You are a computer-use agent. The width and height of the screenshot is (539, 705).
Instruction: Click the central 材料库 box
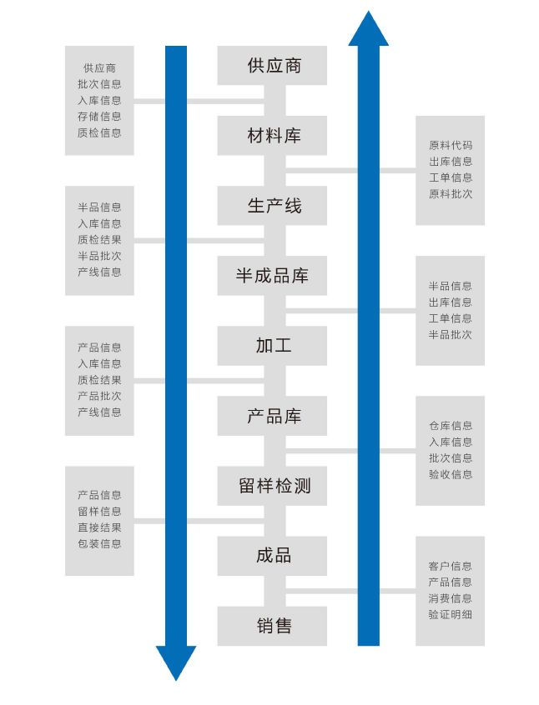pos(272,136)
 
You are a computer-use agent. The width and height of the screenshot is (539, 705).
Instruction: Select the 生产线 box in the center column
pos(272,206)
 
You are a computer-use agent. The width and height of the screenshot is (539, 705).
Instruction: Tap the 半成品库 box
pos(272,276)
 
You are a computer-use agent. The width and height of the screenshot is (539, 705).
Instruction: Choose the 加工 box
pos(272,346)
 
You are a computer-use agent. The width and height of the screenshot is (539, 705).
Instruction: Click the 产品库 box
pos(272,416)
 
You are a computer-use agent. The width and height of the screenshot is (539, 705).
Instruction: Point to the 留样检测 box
pos(272,486)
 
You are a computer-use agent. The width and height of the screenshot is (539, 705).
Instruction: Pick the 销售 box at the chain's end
pos(272,626)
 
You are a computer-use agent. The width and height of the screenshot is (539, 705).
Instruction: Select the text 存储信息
pos(99,117)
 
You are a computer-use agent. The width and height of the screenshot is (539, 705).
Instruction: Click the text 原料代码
pos(451,146)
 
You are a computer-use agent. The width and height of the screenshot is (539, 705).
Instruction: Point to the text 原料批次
pos(451,194)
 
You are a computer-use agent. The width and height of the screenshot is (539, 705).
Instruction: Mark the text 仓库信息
pos(451,426)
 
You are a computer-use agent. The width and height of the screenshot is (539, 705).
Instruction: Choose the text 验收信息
pos(451,474)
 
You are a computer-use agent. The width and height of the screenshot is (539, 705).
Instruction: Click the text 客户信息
pos(451,566)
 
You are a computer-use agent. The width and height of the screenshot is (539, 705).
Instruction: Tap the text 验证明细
pos(451,614)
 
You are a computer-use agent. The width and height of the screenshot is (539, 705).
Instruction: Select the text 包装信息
pos(99,543)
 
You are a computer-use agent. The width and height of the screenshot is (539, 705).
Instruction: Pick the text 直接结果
pos(99,527)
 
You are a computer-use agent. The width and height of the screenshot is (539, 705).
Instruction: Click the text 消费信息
pos(451,598)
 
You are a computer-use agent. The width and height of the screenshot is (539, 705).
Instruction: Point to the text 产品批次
pos(99,396)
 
